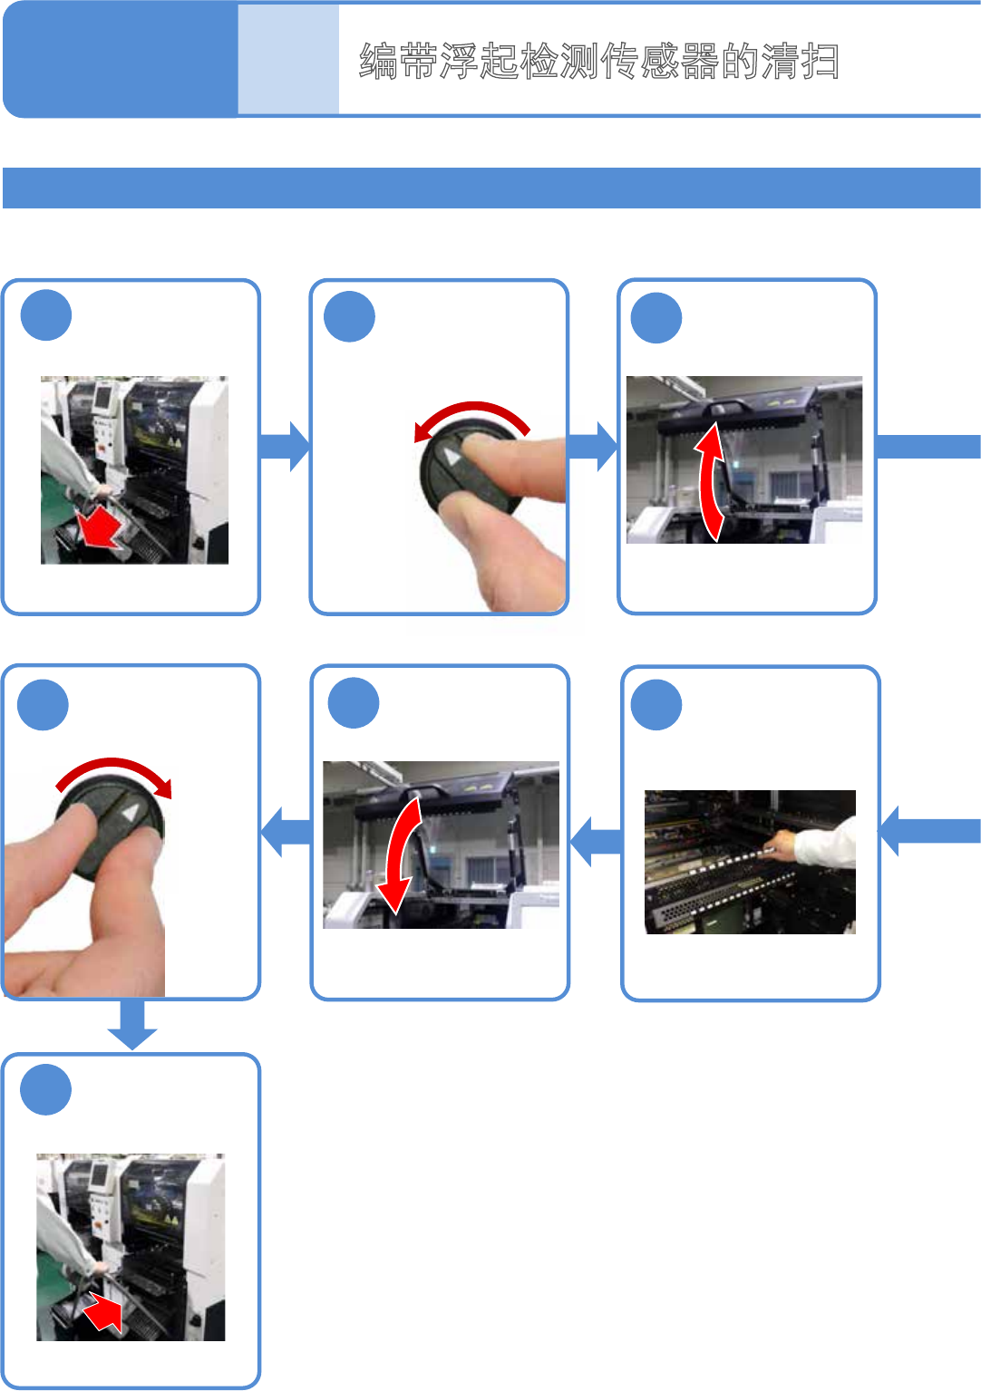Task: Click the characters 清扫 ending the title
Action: [x=801, y=62]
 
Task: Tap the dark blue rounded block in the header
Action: [x=121, y=60]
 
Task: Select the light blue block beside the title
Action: [x=288, y=60]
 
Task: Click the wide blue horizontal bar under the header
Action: [x=491, y=188]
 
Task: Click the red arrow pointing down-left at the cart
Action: [x=100, y=528]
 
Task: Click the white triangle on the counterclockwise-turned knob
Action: [x=452, y=457]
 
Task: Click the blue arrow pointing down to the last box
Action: [x=132, y=1024]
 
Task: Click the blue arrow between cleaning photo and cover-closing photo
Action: [x=596, y=842]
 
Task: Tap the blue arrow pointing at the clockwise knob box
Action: [x=287, y=832]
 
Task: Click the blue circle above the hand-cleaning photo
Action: [x=656, y=704]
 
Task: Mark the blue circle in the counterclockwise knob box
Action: [x=349, y=316]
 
